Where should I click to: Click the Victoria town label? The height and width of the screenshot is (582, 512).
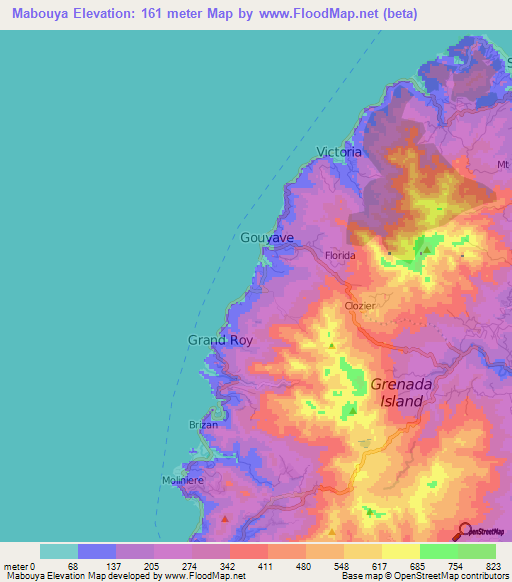tap(338, 152)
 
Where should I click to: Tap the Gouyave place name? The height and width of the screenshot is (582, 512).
tap(267, 238)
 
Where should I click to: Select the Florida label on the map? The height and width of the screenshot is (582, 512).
tap(339, 256)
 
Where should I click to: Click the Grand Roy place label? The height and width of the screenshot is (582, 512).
tap(220, 340)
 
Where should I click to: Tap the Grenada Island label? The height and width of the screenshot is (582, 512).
tap(397, 391)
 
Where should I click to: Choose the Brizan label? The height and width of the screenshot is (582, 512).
tap(203, 425)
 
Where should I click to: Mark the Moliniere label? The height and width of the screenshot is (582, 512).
tap(183, 481)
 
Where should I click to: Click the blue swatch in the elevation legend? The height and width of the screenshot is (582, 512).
tap(96, 551)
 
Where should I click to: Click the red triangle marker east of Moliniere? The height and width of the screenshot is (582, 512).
tap(225, 519)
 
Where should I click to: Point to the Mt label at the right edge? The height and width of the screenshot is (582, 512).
tap(503, 162)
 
